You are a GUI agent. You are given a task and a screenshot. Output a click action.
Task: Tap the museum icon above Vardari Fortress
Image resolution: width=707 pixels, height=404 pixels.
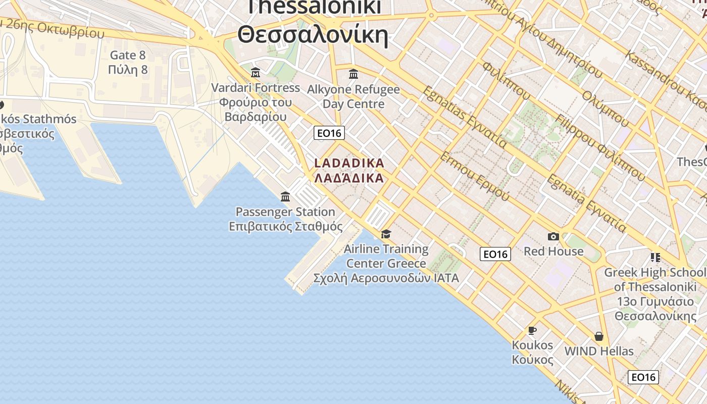coord(256,73)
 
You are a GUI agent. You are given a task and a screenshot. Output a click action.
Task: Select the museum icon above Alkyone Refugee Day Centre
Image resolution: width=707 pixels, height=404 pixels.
coord(353,75)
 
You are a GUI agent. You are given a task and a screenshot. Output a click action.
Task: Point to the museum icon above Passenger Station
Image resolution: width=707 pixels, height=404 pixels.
coord(285,196)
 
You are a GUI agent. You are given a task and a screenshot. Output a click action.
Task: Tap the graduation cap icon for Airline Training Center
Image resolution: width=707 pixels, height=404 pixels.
coord(386,234)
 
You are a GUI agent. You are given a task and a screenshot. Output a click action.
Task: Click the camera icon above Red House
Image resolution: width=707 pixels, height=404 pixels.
coord(553,236)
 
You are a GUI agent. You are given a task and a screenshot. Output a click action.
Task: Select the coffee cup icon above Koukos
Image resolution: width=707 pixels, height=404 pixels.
coord(532,330)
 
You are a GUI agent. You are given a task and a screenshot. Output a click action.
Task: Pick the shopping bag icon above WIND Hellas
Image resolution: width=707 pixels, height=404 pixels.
coord(599,336)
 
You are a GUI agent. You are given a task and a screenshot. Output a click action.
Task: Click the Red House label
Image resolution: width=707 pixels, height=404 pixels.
coord(553,251)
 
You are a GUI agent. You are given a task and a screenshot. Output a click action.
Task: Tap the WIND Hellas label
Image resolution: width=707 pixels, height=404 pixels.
coord(599,351)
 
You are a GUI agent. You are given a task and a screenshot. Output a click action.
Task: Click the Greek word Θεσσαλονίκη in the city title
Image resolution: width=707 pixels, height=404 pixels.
coord(313,36)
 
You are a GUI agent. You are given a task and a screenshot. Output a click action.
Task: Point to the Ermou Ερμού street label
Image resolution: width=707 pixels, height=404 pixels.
coord(475,175)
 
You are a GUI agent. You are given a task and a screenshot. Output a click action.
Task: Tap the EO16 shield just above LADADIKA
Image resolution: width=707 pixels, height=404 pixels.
coord(329,133)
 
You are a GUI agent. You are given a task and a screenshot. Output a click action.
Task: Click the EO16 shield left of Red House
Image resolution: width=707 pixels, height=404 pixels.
coord(495,254)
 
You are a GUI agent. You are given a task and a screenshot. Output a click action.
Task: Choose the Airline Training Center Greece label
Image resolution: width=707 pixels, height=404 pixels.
coord(386,256)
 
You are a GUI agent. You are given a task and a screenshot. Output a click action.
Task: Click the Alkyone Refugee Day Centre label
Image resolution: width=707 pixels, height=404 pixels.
coord(353,96)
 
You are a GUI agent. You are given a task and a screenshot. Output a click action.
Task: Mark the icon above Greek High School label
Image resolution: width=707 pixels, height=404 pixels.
coord(655,258)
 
